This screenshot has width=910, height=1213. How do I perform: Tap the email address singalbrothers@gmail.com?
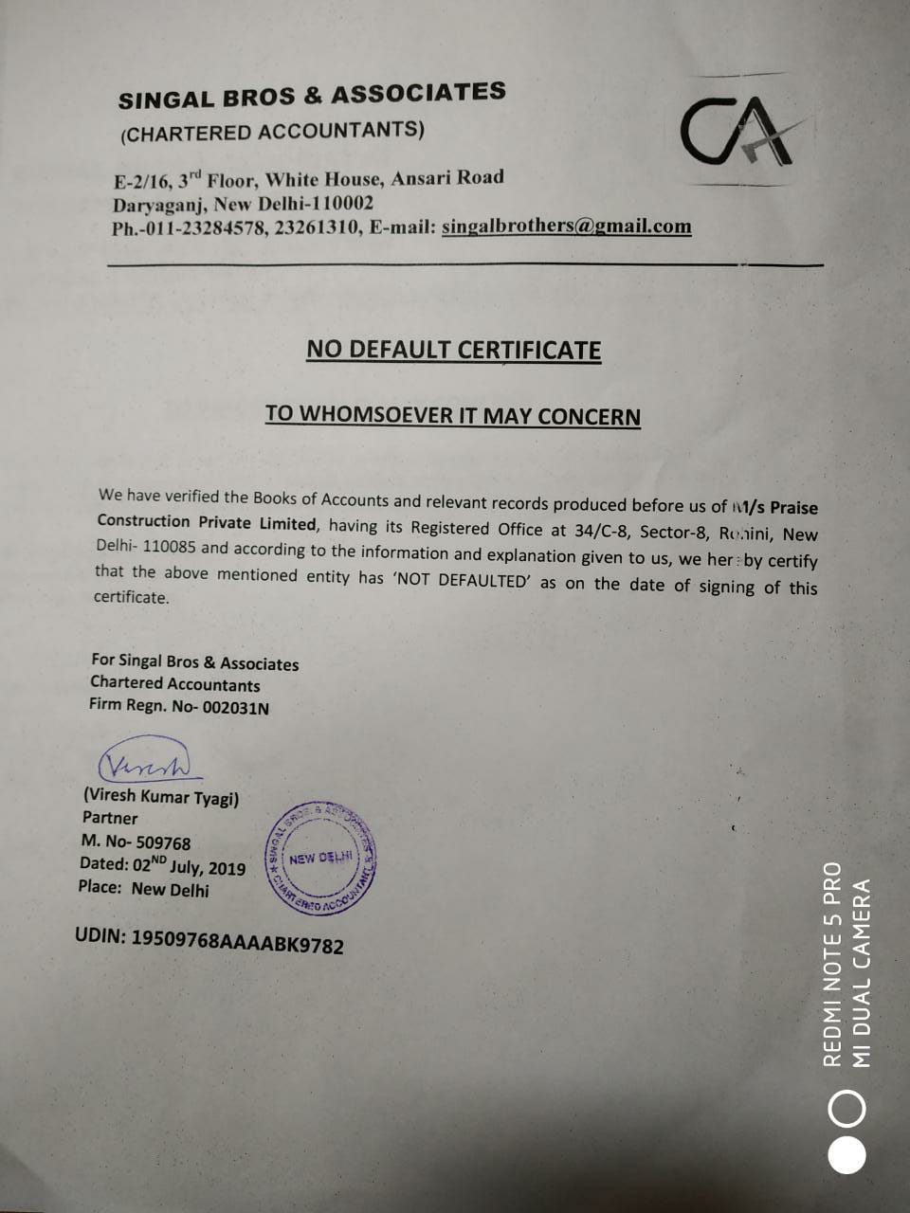[x=566, y=226]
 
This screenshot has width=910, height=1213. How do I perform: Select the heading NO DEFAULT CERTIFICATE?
[x=453, y=350]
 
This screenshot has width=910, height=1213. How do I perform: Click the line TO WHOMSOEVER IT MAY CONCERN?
[x=452, y=415]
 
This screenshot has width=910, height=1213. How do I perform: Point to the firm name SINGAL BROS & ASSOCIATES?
[x=312, y=96]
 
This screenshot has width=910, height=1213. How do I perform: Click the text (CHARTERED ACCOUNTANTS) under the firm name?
[x=273, y=132]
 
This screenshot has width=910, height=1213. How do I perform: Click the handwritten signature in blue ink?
[x=150, y=763]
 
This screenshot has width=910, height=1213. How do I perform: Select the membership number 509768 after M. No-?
[x=163, y=842]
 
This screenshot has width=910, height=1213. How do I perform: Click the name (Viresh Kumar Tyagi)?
[x=161, y=796]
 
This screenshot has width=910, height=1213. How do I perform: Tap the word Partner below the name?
[x=110, y=818]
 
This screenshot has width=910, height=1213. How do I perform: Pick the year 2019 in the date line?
[x=227, y=868]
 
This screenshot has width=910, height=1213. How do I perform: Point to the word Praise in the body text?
[x=793, y=509]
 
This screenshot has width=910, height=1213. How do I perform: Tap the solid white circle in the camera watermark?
[x=846, y=1152]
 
